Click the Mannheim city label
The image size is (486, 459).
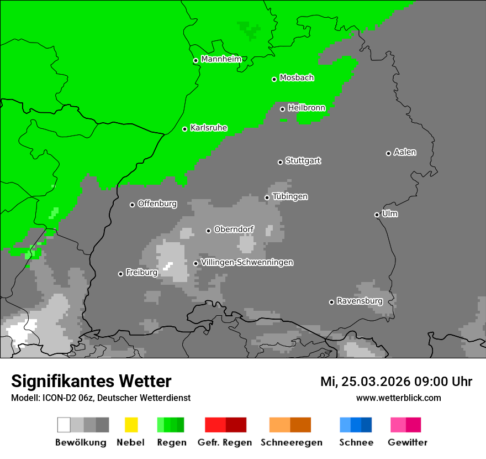221,59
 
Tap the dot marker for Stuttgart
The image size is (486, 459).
280,162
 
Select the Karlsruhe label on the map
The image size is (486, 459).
208,128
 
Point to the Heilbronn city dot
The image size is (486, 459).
282,109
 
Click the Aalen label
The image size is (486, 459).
405,152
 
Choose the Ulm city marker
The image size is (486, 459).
377,215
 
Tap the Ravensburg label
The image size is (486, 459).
360,301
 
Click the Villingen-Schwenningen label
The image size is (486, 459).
247,262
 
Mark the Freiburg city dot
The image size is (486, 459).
120,274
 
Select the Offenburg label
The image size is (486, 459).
157,204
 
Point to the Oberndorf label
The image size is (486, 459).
234,229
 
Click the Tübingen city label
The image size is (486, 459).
290,196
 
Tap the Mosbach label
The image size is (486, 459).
297,78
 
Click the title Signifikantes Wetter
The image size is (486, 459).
91,381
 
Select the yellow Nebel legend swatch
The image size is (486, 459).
131,425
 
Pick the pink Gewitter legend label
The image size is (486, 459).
407,442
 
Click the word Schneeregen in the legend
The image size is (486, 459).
292,442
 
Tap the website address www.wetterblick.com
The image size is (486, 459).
398,398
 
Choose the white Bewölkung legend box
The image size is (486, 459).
64,425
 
